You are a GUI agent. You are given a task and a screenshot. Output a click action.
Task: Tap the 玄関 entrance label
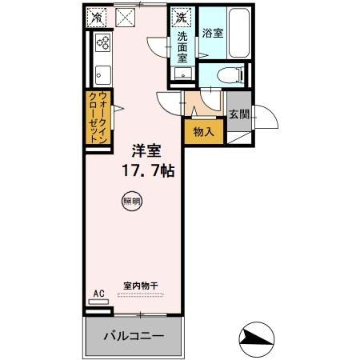[238, 114]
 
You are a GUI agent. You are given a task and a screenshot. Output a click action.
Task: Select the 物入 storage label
[203, 130]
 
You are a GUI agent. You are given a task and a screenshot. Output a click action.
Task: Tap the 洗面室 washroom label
[182, 45]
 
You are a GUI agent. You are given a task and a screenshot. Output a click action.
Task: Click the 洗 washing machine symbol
[182, 16]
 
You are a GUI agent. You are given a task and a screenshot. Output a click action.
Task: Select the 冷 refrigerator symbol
[98, 16]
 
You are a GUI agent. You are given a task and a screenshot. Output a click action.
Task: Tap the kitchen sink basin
[102, 75]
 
